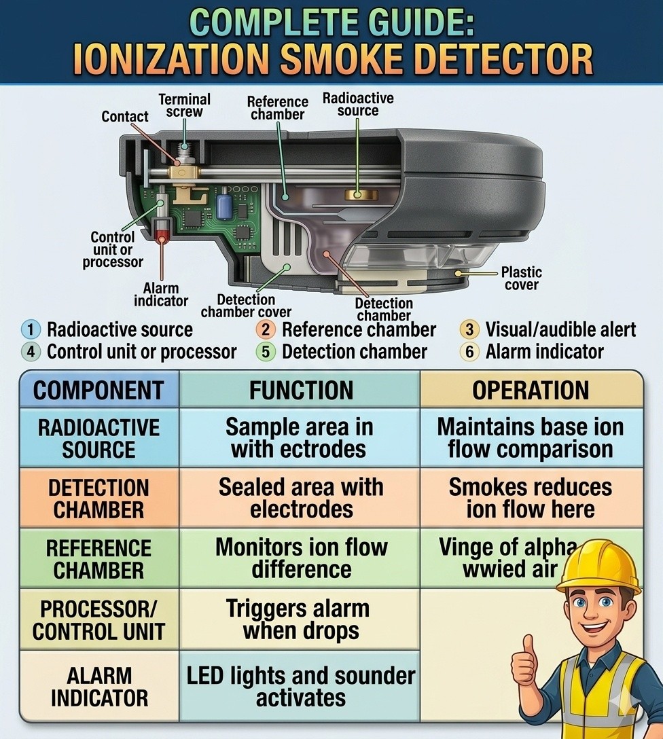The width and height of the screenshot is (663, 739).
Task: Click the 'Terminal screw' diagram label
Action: coord(184,105)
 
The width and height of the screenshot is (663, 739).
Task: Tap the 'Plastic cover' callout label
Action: coord(521,278)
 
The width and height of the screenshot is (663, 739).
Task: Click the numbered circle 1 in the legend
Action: coord(31,329)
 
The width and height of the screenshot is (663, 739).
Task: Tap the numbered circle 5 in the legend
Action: coord(266,352)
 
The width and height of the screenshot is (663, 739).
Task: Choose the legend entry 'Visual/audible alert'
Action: coord(560,329)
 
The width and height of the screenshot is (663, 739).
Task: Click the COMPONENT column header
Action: coord(99,391)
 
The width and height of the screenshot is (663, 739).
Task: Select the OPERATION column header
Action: coord(531,391)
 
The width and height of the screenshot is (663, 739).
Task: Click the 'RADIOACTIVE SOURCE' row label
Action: coord(99,438)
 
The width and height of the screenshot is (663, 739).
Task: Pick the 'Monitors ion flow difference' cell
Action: coord(301,558)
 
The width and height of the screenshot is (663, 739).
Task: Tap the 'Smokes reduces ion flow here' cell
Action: coord(531,498)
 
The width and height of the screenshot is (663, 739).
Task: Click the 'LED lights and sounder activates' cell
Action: coord(301,687)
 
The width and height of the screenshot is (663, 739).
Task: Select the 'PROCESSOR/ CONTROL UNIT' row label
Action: coord(98,620)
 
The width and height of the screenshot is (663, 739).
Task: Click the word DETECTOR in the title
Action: coord(503,59)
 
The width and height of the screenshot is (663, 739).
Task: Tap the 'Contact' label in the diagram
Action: coord(125,116)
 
